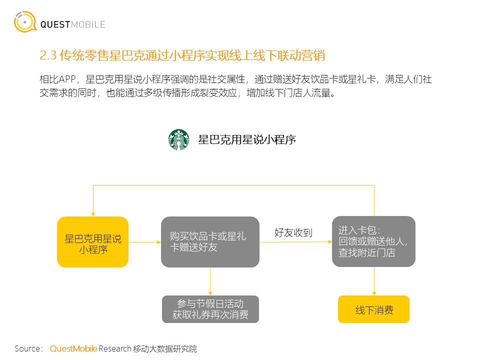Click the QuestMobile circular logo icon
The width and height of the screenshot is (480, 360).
pyautogui.click(x=25, y=21)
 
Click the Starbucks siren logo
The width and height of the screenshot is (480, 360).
pyautogui.click(x=179, y=139)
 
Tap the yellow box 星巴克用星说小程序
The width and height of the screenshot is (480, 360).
pyautogui.click(x=93, y=242)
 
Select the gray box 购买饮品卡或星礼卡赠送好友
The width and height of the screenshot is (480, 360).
pyautogui.click(x=210, y=242)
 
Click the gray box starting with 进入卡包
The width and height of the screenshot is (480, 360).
pyautogui.click(x=373, y=241)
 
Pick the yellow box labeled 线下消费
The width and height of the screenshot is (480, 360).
pyautogui.click(x=373, y=309)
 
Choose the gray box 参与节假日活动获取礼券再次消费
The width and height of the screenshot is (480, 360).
pyautogui.click(x=210, y=309)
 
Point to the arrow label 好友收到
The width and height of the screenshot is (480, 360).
pyautogui.click(x=293, y=232)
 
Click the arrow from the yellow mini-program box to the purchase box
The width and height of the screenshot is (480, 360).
pyautogui.click(x=145, y=242)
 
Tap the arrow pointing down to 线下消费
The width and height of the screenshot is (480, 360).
pyautogui.click(x=374, y=281)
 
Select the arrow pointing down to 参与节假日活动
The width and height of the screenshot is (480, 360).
pyautogui.click(x=210, y=281)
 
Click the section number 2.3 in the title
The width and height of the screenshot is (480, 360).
pyautogui.click(x=48, y=55)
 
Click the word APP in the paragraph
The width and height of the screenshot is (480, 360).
pyautogui.click(x=65, y=79)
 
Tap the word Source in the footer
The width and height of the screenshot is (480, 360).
pyautogui.click(x=27, y=348)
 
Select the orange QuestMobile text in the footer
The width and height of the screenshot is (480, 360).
pyautogui.click(x=73, y=348)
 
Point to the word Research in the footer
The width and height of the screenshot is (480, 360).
pyautogui.click(x=115, y=348)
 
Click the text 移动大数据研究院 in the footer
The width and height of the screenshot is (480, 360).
pyautogui.click(x=165, y=348)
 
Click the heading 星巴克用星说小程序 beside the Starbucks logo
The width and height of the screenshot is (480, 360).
pyautogui.click(x=247, y=139)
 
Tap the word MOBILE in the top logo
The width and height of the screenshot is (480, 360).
pyautogui.click(x=88, y=24)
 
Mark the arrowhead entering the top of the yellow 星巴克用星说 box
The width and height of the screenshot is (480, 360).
pyautogui.click(x=93, y=214)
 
